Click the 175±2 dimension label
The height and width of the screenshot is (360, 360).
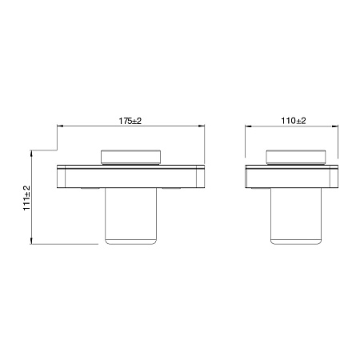coord(130,120)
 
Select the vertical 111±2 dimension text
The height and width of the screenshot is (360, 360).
coord(26,197)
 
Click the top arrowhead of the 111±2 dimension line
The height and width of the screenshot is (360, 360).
coord(31,152)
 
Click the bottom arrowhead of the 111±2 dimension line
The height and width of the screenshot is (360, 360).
coord(31,242)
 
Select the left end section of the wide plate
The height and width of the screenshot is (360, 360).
coord(63,177)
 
